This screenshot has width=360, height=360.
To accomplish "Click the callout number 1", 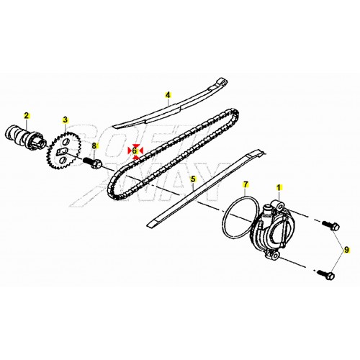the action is pos(279,187).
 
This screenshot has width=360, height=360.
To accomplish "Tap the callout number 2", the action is pos(27,115).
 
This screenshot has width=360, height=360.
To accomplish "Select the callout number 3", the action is pos(66,120).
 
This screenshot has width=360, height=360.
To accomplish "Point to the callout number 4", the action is pos(168,95).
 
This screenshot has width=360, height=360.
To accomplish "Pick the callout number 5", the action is pos(193,179).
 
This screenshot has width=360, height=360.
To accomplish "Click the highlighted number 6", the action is pos(135,150).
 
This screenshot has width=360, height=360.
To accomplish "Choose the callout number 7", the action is pos(245,184).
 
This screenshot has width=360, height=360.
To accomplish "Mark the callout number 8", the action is pos(94,145).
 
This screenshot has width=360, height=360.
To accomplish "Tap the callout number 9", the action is pos(346,250).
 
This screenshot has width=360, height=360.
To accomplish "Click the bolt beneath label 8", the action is pos(93,163).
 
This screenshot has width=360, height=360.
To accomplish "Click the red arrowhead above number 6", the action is pos(136,145).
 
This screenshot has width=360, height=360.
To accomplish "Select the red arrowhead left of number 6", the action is pos(130,150).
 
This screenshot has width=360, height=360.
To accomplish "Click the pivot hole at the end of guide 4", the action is pos(224,83).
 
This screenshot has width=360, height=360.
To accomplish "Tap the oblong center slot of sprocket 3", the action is pos(61,151).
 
